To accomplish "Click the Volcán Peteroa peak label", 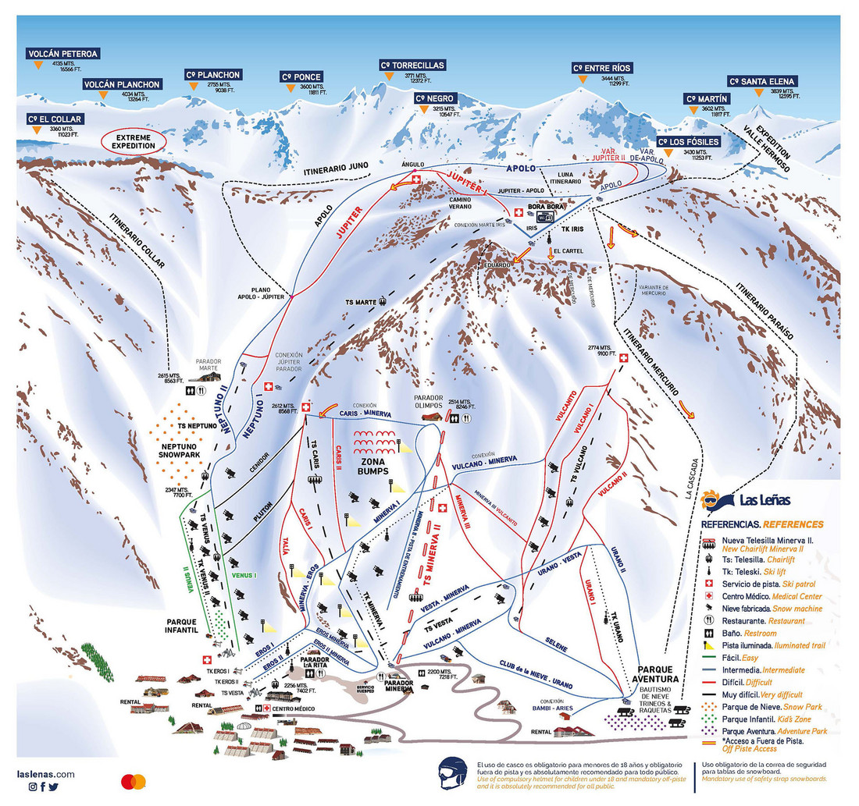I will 62,54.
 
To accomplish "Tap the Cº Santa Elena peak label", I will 761,80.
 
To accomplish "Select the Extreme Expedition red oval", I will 134,141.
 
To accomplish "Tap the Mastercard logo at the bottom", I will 134,781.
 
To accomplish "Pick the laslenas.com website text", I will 46,774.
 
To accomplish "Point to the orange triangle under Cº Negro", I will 424,110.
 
